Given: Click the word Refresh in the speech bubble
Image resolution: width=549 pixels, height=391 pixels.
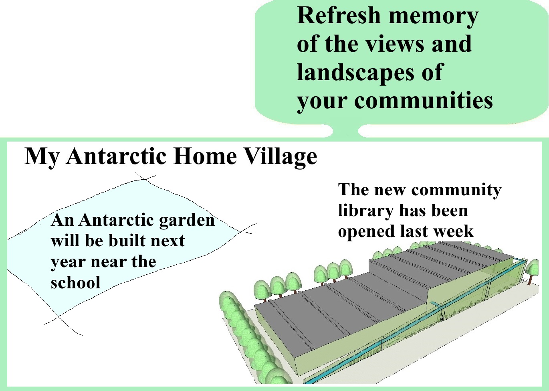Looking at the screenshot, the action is click(x=339, y=15).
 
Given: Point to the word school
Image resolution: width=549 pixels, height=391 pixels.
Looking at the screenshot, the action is click(x=75, y=283).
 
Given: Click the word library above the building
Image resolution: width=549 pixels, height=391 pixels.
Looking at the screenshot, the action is click(x=365, y=211).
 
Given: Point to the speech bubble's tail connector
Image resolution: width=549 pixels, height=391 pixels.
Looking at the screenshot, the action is click(x=345, y=131).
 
